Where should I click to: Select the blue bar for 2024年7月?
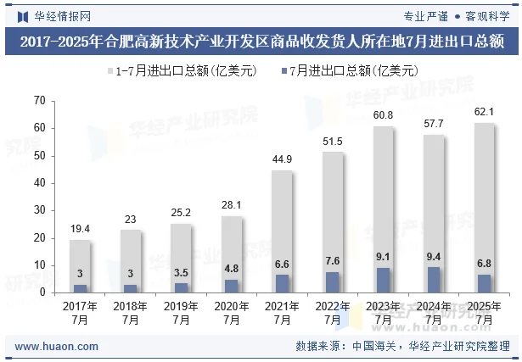(x=435, y=280)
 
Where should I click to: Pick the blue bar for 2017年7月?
(x=80, y=288)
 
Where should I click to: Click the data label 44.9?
(x=283, y=159)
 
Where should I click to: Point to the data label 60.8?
(x=384, y=115)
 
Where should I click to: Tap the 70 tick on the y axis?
(x=38, y=101)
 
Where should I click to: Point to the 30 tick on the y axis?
(x=38, y=210)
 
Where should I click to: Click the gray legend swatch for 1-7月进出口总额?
(x=109, y=70)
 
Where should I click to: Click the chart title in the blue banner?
(x=261, y=41)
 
